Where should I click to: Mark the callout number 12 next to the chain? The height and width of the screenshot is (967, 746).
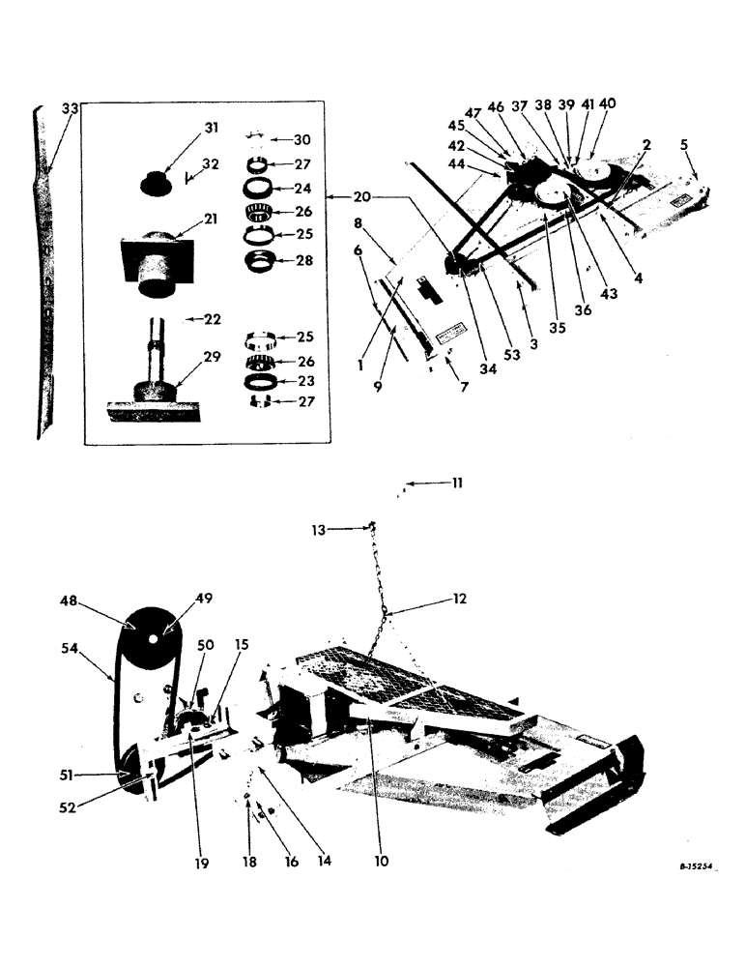[458, 600]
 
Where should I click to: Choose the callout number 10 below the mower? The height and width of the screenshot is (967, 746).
[382, 860]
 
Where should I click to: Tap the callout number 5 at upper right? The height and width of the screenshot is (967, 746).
[683, 146]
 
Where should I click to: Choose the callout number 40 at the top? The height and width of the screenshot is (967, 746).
[607, 103]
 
